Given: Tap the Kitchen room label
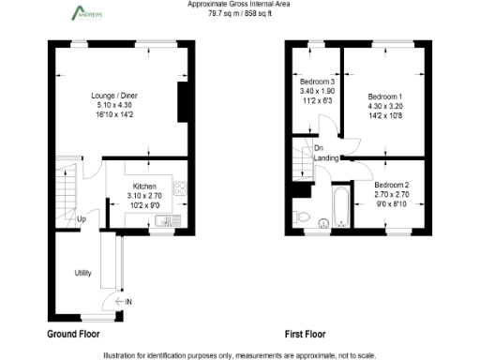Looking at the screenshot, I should (144, 187).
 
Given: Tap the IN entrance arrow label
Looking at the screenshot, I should (128, 301).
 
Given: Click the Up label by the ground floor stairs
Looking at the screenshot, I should (82, 220).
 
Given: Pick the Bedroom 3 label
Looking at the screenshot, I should (317, 82).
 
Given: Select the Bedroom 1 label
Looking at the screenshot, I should (384, 97).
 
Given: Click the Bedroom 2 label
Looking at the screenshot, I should (392, 185).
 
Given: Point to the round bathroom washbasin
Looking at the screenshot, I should (323, 223).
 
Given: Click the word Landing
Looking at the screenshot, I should (326, 158).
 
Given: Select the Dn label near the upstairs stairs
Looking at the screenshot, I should (319, 148).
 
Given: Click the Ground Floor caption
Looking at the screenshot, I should (73, 333).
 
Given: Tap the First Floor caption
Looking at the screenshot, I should (305, 333).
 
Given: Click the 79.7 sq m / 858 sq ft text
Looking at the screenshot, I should (241, 14).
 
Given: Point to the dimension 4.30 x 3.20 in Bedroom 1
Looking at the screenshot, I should (384, 107).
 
